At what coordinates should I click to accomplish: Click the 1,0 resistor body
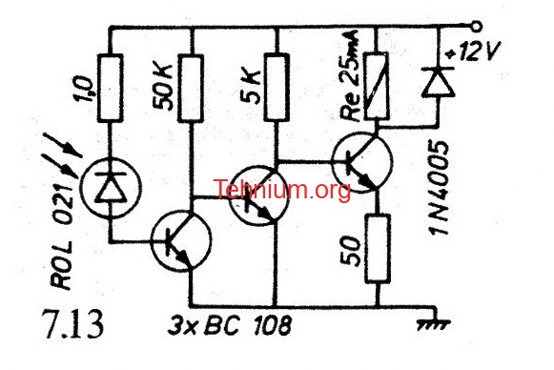(x=111, y=88)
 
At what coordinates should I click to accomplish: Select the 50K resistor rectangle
(x=191, y=89)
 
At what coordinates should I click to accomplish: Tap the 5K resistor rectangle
(x=277, y=87)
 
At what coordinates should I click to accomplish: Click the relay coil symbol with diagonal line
(x=377, y=86)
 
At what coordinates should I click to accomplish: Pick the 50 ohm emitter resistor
(x=378, y=249)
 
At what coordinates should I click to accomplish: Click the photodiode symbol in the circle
(x=111, y=188)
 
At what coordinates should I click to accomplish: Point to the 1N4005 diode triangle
(x=438, y=82)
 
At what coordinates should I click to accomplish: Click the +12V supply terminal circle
(x=477, y=27)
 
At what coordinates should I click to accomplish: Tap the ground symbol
(x=434, y=320)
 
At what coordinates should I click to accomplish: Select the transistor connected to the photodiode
(x=181, y=240)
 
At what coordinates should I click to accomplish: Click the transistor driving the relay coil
(x=362, y=162)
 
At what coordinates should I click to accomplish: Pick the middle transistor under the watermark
(x=258, y=195)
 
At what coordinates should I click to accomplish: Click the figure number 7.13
(x=72, y=323)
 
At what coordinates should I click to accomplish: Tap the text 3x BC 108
(x=230, y=325)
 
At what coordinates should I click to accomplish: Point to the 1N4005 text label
(x=439, y=187)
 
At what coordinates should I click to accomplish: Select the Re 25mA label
(x=349, y=75)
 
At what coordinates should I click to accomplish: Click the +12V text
(x=472, y=52)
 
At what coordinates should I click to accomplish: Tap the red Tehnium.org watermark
(x=281, y=190)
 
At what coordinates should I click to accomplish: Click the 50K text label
(x=163, y=88)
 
